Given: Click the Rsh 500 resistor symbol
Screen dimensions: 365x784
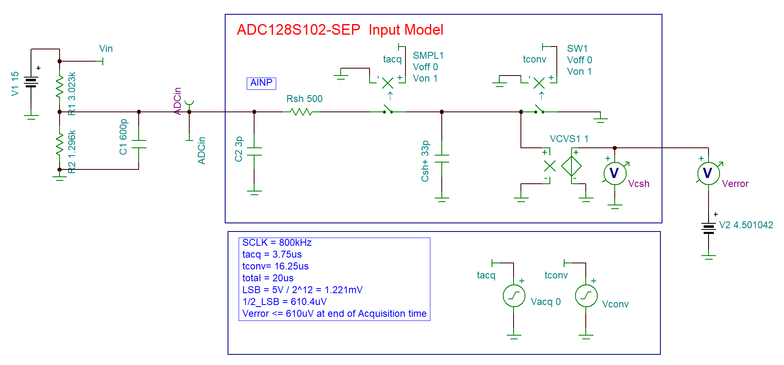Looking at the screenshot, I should point(301,111).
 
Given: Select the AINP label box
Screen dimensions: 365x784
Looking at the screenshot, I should point(261,83).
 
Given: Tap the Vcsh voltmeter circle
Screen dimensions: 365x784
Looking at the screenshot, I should point(614,173).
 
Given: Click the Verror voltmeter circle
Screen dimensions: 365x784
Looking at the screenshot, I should point(708,173).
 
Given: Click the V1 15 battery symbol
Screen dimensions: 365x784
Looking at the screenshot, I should point(31,82).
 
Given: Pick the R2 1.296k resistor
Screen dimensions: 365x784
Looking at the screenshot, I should point(60,144).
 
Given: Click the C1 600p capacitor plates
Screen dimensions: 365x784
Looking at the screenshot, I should point(139,144).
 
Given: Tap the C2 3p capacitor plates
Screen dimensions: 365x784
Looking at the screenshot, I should point(254,151).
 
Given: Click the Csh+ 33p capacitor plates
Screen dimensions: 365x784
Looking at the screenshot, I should point(442,158).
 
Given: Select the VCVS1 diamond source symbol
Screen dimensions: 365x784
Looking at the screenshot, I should point(571,166).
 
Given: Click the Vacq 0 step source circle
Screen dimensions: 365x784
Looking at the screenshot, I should point(514,296).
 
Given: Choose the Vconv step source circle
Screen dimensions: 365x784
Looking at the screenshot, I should point(586,296).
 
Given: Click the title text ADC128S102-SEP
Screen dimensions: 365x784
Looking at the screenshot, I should point(299,30).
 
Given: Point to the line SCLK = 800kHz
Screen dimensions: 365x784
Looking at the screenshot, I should point(277,243).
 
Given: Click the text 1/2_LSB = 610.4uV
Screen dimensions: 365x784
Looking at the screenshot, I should point(284,302).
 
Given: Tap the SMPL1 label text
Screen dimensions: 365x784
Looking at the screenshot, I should point(428,56).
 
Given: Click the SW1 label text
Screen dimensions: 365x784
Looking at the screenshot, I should point(577,49).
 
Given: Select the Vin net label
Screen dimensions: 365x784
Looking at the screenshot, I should point(106,49).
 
